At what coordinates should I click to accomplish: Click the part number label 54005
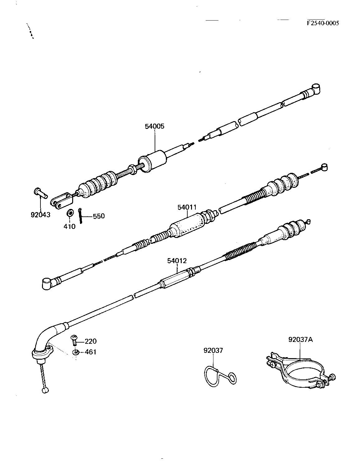coord(154,126)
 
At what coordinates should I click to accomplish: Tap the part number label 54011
coord(187,207)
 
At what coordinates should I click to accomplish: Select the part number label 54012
coord(177,261)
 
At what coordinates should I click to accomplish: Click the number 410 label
coord(69,226)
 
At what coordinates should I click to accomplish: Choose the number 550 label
coord(99,216)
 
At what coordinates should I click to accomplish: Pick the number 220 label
coord(91,341)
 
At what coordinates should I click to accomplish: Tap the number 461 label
coord(91,352)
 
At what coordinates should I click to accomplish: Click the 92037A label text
coord(300,339)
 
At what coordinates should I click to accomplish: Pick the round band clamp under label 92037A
coord(299,371)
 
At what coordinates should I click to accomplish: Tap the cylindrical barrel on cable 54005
coord(153,161)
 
